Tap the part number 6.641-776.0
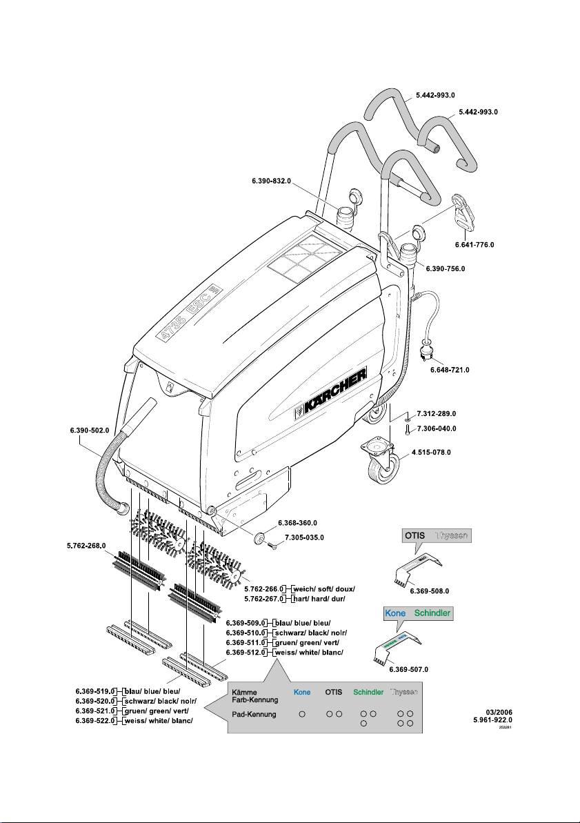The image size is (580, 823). point(474,244)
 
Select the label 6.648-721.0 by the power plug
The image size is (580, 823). point(449,370)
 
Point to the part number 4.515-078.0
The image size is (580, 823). point(431,453)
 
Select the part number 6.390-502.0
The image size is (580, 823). point(90,430)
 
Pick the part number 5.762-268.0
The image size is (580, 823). point(86,546)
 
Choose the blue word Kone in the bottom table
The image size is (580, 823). point(302,691)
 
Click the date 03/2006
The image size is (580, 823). point(499,711)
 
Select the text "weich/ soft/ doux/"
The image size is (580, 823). point(323,588)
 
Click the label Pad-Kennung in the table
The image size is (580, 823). point(254,714)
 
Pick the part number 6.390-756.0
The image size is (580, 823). point(446,268)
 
